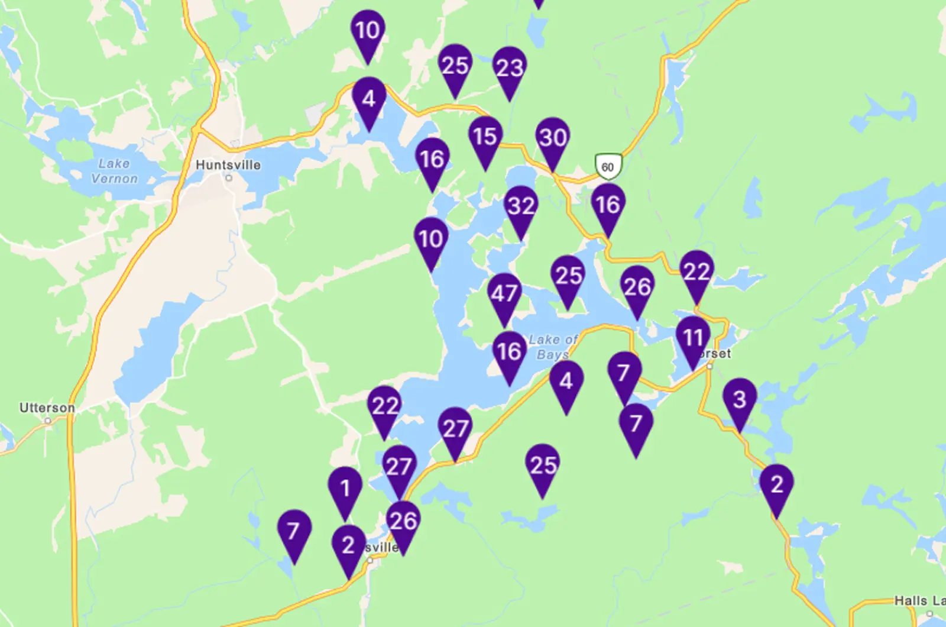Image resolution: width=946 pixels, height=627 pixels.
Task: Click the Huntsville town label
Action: (x=228, y=165)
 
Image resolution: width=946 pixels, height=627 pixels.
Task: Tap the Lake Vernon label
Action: (x=114, y=171)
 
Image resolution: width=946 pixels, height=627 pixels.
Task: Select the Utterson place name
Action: (x=47, y=408)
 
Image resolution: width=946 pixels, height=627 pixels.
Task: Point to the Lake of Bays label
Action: (x=553, y=347)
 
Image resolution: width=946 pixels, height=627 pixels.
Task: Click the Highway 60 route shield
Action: (x=607, y=166)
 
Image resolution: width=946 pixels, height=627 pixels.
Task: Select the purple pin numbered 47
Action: (x=504, y=294)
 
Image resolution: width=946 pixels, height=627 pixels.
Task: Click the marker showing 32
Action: (x=521, y=206)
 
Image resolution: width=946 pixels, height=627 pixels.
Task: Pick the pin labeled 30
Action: (x=553, y=138)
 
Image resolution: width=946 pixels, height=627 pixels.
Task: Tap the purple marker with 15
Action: (x=485, y=137)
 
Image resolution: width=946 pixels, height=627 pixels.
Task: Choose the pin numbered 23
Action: (x=510, y=68)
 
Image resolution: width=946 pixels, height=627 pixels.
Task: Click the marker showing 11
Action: (x=693, y=338)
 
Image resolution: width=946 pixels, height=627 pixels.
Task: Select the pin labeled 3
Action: (x=740, y=400)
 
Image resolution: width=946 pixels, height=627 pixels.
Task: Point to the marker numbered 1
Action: (x=345, y=489)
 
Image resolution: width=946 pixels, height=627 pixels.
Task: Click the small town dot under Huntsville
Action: (x=228, y=177)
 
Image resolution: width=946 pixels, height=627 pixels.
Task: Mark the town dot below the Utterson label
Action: (x=48, y=421)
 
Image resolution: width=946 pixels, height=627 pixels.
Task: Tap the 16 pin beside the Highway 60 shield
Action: (x=608, y=205)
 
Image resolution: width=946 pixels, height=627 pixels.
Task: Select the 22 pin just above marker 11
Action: (x=696, y=272)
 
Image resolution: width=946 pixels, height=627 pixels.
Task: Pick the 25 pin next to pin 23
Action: (x=455, y=66)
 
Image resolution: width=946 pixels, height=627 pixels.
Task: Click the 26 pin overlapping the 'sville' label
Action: (x=403, y=522)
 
